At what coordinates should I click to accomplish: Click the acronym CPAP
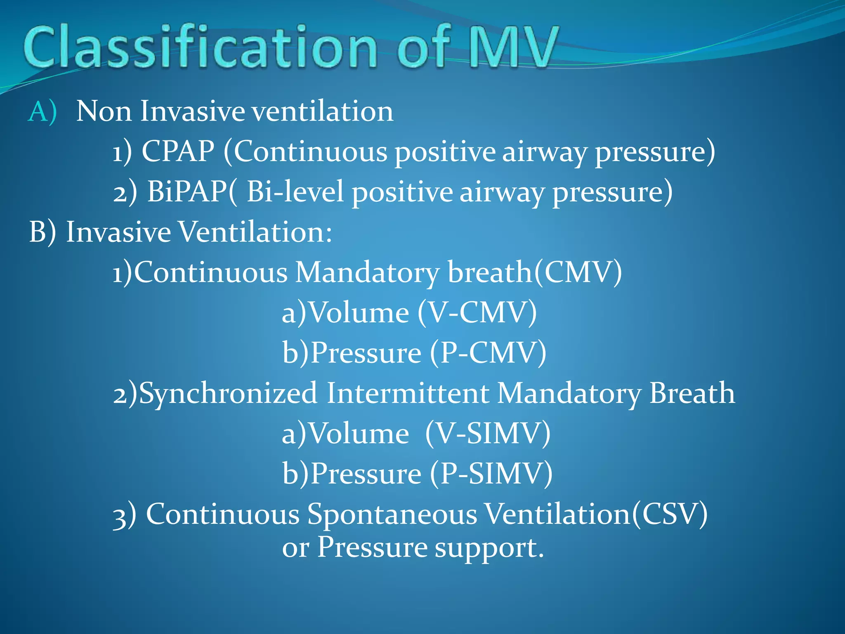coord(178,151)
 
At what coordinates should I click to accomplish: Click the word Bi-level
coord(295,192)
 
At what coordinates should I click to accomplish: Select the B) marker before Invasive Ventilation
coord(42,232)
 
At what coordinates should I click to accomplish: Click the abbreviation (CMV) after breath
coord(578,272)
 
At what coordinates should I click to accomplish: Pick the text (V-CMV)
coord(477,312)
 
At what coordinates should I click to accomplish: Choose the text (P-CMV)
coord(488,353)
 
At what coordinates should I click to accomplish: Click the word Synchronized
coord(228,393)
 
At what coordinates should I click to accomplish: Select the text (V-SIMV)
coord(488,433)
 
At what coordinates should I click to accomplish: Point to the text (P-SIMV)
coord(491,473)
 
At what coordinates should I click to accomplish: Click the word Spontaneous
coord(392,514)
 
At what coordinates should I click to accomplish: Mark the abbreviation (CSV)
coord(670,514)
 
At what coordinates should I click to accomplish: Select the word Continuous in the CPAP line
coord(311,151)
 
